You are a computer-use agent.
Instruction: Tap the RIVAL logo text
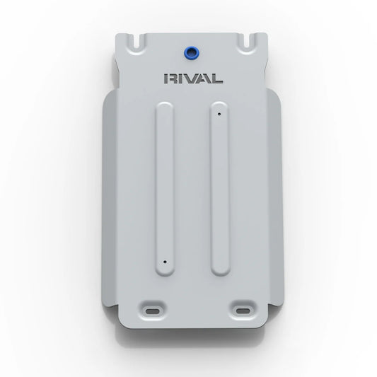coord(193,79)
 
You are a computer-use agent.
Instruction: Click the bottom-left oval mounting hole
coord(153,312)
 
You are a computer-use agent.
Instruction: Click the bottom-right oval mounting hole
coord(243,311)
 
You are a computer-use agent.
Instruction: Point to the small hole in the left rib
coord(165,262)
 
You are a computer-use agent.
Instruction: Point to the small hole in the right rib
coord(219,114)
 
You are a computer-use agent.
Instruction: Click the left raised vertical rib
coord(165,189)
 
